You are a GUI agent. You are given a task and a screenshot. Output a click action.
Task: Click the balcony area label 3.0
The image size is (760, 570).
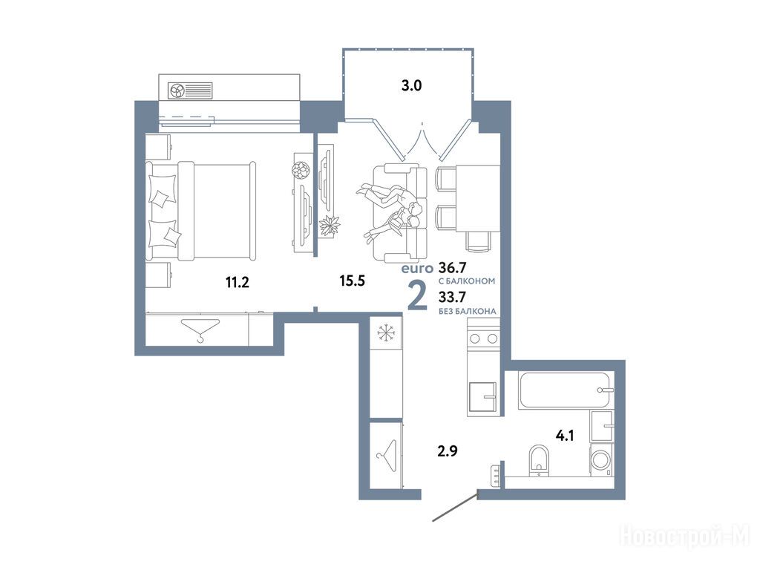click(x=411, y=86)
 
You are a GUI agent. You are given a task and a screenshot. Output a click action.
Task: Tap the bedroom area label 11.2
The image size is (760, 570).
click(x=237, y=281)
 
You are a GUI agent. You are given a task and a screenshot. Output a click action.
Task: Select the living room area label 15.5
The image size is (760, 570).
click(x=352, y=280)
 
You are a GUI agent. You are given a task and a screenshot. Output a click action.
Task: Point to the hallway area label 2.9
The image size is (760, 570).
click(x=448, y=451)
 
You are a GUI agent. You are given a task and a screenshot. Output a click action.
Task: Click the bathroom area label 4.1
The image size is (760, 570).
click(x=565, y=435)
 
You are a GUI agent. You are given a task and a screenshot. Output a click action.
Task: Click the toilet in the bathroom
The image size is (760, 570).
click(x=539, y=460)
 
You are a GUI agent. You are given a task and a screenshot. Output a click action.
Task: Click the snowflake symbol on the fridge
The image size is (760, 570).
click(x=386, y=333)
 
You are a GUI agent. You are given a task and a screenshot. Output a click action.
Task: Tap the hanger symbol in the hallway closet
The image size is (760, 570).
click(x=387, y=456)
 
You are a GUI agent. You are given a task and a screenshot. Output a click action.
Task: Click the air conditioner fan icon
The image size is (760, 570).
click(x=175, y=91)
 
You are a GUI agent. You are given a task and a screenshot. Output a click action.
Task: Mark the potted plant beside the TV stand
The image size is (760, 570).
click(x=330, y=224)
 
